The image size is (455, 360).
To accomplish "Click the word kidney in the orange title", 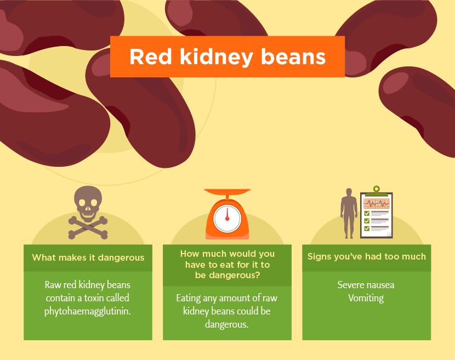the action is coord(216,57).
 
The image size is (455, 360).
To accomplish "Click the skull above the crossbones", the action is coord(88,204).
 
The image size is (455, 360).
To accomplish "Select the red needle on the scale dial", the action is coord(227,214).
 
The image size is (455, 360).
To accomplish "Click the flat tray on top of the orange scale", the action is coord(227,192).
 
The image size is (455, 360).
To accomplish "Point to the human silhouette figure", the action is coord(349,213).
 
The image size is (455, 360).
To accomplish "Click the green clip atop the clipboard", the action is coord(377,190).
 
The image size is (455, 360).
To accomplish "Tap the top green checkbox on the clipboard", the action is coord(367,213).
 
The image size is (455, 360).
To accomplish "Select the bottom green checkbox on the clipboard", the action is coord(367,228).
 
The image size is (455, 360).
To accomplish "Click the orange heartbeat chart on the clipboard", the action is coord(377,203).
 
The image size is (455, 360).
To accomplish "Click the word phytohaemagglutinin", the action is coord(88,312).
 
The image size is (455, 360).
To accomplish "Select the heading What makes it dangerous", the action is coord(88,257).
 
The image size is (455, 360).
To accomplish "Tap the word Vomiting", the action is coord(366,298).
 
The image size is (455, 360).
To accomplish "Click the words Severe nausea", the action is coord(366,285).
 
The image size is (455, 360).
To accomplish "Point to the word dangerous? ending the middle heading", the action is coord(227,275).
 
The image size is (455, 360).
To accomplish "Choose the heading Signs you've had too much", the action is coord(367,257).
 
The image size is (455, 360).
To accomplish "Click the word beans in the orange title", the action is coord(293,57).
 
